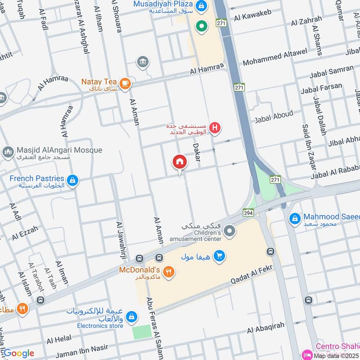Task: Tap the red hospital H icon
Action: point(216,129)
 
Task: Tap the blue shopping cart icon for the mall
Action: point(219,256)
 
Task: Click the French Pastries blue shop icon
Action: point(72,181)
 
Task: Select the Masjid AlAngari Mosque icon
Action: point(8,152)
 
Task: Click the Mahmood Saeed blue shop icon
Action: point(295,219)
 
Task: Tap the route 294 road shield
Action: point(248,212)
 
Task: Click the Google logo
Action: point(18,353)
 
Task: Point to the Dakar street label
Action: point(197,152)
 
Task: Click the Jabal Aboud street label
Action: point(274,117)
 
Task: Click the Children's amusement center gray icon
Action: point(229,232)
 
